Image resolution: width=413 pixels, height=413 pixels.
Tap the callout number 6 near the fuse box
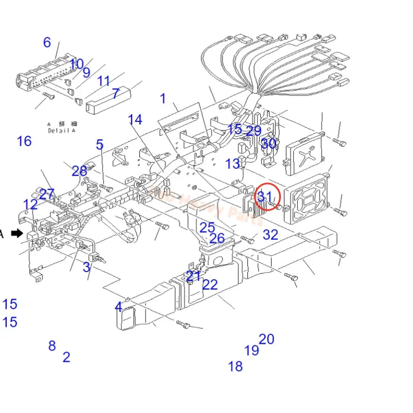coord(47,42)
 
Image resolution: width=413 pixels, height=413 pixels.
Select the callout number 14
coord(135,120)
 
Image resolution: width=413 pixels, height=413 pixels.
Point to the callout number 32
coord(271,235)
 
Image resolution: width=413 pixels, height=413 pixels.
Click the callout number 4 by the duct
coord(118,307)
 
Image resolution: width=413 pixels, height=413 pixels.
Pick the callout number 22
coord(210,284)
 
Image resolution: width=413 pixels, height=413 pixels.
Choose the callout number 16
coord(24,141)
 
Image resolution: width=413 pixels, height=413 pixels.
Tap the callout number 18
coord(235,367)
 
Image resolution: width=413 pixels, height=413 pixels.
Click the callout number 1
coord(163,98)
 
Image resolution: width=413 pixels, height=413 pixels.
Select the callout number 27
coord(46,195)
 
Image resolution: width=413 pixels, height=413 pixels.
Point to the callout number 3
coord(87,267)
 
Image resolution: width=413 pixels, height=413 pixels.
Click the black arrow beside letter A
coord(17,233)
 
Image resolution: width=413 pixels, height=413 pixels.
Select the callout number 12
coord(30,204)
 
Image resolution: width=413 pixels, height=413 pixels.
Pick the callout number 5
coord(100,145)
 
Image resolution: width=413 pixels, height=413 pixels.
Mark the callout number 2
coord(66,357)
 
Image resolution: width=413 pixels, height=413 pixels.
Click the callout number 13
coord(233,164)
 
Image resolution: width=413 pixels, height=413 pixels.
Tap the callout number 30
coord(268,144)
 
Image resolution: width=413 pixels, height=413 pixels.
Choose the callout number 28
coord(80,171)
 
